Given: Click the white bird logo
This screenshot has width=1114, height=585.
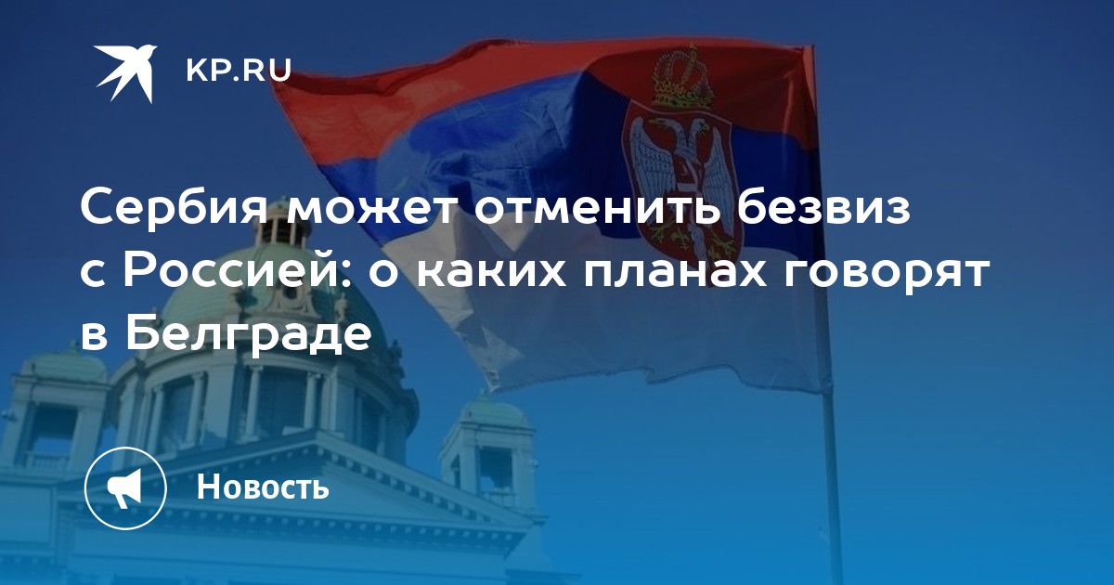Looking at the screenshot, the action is (126, 73).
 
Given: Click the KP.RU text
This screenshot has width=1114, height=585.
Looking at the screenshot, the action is (239, 71).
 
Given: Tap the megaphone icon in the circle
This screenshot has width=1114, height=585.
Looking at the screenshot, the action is (125, 488).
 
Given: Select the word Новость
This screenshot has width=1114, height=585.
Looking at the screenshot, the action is (263, 486).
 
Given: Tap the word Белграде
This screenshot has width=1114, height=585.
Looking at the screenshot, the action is (249, 334).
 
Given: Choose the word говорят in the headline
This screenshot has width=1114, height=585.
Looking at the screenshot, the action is (887, 274).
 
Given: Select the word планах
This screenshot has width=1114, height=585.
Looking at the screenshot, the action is (675, 273).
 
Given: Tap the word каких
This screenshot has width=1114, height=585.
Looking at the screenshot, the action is (491, 273).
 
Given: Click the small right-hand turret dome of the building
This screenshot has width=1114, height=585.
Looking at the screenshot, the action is (493, 414).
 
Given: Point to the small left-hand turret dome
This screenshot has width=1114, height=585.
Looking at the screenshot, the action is (68, 367).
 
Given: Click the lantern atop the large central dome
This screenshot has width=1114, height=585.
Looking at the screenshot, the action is (282, 234).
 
